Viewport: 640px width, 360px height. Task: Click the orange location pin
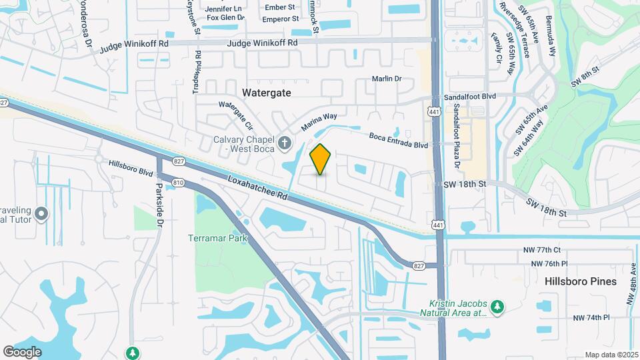[321, 159]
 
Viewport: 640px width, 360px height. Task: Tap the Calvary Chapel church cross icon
[285, 143]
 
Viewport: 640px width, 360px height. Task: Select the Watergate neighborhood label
[267, 93]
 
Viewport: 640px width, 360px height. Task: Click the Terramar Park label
[217, 238]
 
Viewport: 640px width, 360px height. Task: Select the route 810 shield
[178, 182]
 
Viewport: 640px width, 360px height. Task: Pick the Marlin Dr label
[387, 79]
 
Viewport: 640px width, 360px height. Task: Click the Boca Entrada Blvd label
[399, 140]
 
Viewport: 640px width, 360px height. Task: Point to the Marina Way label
[319, 121]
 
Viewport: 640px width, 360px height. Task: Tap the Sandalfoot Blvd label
[474, 96]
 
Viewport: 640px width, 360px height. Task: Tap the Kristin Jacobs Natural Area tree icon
[497, 306]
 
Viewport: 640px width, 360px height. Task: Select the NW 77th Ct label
[541, 251]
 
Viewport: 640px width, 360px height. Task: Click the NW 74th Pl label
[592, 317]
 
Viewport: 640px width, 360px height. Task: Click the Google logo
[22, 351]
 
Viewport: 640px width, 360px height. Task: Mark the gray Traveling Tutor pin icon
[41, 214]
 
